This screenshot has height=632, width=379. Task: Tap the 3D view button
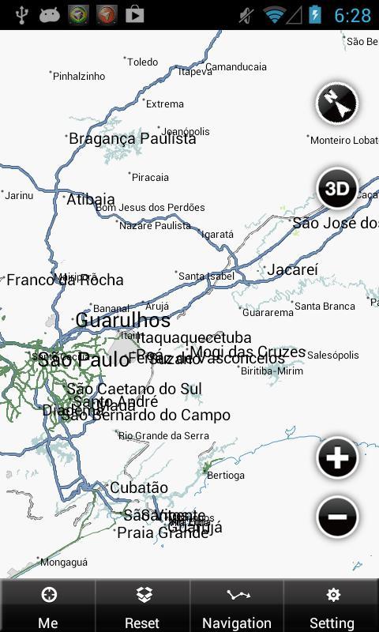coord(337,188)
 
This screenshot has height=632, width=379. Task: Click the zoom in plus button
coord(337,458)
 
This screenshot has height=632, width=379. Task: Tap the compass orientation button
coord(337,104)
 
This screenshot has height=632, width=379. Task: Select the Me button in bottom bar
coord(48,607)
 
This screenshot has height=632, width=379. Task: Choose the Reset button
coord(142,607)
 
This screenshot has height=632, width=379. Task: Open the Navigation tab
coord(237,607)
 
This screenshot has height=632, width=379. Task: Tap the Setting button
coord(332,607)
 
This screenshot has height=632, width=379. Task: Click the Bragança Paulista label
coord(132,139)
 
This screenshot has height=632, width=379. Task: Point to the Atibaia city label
coord(91,200)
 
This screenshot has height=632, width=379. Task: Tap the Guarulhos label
coord(122,321)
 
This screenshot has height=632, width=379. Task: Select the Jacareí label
coord(292,270)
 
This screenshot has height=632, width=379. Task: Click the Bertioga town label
coord(225,476)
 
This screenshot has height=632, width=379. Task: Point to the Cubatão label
coord(139,488)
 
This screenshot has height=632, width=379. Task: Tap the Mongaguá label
coord(63,562)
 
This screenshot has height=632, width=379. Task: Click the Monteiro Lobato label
coord(343,141)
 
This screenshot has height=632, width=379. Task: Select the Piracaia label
coord(150,178)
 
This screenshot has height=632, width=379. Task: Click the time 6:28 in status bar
coord(352,15)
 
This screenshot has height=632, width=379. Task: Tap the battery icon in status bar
coord(316,15)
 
